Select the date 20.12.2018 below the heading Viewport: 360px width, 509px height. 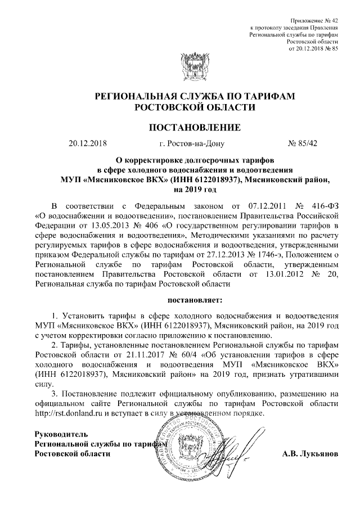(x=87, y=143)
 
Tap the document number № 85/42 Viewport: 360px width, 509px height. (x=303, y=143)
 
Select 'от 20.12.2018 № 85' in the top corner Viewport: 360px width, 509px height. (x=313, y=49)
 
